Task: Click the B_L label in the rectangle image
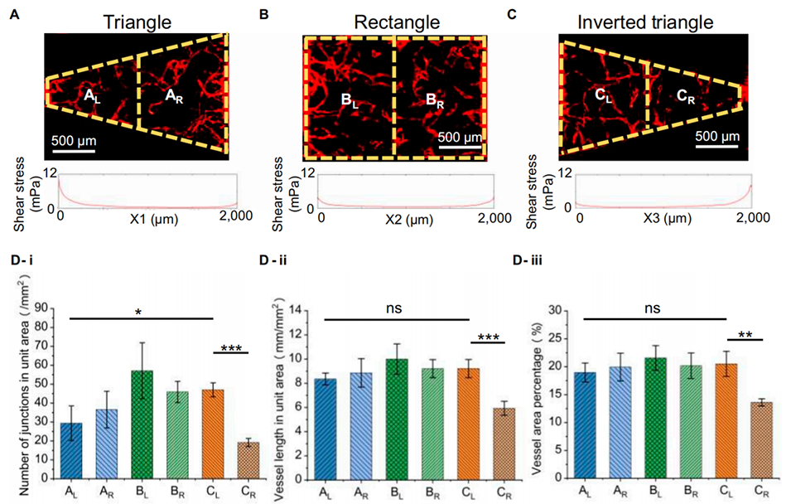[x=352, y=100]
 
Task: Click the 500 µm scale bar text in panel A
[x=72, y=138]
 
